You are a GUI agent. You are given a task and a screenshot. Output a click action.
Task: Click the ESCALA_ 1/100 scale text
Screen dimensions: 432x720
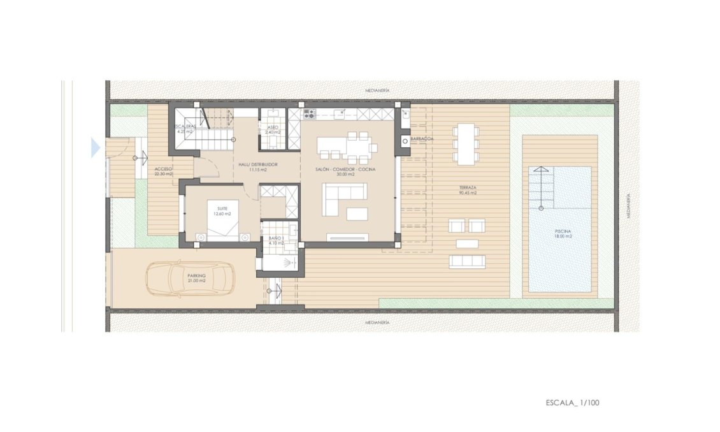572,403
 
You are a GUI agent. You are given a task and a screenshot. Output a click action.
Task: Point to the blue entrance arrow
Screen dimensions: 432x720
96,148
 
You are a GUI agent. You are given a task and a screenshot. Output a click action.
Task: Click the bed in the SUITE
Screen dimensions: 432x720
222,220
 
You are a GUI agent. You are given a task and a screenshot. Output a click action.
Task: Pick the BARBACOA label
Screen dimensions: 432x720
422,138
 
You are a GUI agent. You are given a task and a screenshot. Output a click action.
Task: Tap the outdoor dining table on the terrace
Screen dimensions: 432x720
466,144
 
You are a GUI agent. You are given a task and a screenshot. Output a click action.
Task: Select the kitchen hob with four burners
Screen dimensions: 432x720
310,115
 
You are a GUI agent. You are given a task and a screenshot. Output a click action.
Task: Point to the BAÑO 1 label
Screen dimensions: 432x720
275,240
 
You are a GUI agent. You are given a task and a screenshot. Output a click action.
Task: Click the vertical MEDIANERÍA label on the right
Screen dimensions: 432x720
628,206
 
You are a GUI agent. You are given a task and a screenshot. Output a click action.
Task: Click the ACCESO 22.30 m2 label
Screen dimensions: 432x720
163,171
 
